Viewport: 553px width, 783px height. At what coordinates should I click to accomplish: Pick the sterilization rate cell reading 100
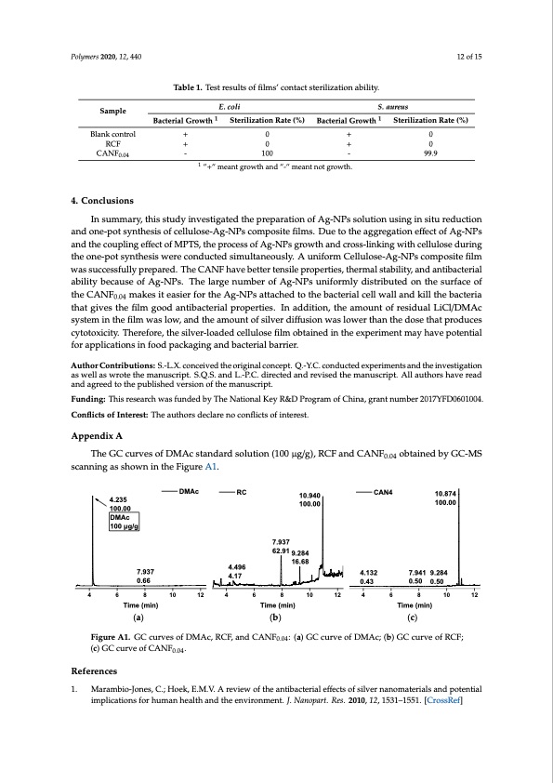(x=267, y=155)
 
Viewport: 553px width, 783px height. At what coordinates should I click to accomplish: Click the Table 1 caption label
(x=192, y=87)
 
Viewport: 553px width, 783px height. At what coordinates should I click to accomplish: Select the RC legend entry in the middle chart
(x=241, y=490)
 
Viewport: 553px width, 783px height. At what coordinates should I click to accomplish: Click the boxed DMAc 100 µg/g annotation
(x=125, y=522)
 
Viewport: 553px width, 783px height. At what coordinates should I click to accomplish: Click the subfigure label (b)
(x=275, y=616)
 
